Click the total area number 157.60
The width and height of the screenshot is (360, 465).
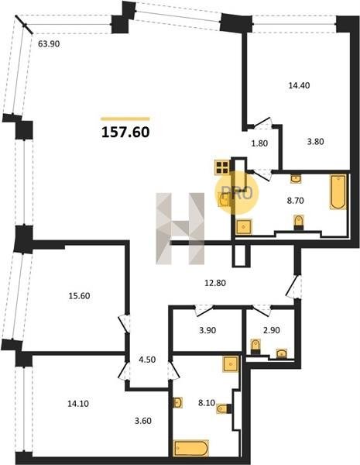(x=125, y=133)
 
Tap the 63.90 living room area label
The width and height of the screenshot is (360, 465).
(x=49, y=44)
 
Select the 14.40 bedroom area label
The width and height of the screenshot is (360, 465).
(x=299, y=85)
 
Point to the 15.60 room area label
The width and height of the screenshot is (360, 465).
(x=79, y=296)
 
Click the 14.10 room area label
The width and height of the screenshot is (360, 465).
(x=78, y=404)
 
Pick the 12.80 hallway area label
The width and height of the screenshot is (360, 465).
(x=215, y=283)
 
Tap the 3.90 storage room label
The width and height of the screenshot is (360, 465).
(x=207, y=330)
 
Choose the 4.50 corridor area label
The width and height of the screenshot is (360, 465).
(x=147, y=360)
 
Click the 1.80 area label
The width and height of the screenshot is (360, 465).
(x=259, y=143)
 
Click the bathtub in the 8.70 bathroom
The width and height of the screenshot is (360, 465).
(x=338, y=191)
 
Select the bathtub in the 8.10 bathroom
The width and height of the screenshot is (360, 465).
(x=191, y=449)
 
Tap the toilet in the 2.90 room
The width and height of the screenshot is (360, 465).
(x=255, y=346)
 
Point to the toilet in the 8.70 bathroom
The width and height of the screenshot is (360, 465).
(x=299, y=222)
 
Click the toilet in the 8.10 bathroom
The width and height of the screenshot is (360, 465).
(x=224, y=409)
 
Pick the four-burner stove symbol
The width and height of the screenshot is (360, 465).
(x=222, y=167)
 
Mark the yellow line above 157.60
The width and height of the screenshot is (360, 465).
(x=125, y=119)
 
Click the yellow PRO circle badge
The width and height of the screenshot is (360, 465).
(x=237, y=193)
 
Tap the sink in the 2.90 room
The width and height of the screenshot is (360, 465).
(x=282, y=353)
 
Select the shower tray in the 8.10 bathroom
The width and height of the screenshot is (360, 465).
(x=231, y=363)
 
